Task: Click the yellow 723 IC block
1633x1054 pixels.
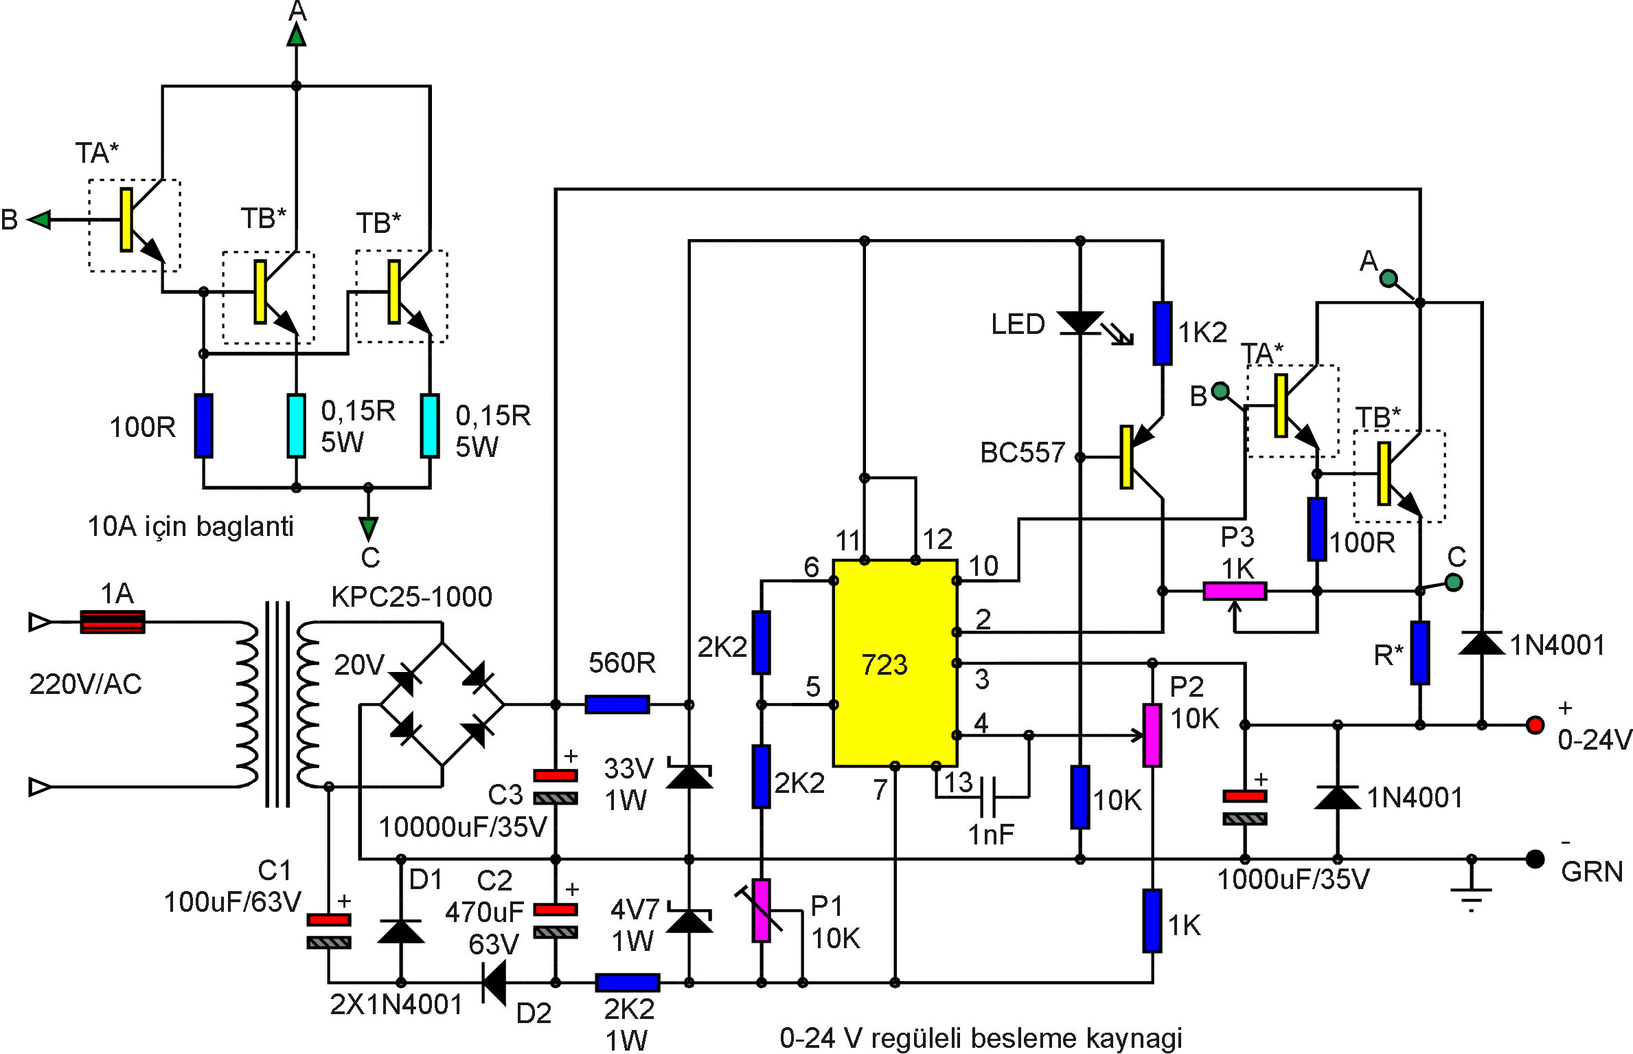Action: point(894,663)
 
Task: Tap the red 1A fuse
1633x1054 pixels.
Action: point(113,622)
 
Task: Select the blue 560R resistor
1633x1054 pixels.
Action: point(617,704)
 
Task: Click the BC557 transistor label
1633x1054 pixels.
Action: point(1022,453)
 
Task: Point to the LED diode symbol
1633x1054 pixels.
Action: point(1080,322)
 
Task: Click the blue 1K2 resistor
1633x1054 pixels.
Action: point(1163,333)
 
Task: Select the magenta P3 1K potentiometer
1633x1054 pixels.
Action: point(1235,591)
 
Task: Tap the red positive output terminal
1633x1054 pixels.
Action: point(1535,725)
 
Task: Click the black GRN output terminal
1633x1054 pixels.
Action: point(1535,859)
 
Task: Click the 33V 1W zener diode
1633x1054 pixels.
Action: point(689,776)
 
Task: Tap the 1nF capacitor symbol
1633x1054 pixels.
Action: point(989,797)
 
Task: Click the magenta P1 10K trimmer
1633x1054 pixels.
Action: point(761,910)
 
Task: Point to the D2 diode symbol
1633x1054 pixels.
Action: point(494,983)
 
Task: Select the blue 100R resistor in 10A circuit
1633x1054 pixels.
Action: point(203,425)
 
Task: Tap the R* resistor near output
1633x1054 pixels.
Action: point(1420,653)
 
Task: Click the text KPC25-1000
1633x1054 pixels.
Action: point(411,596)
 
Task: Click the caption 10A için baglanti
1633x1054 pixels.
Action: point(190,526)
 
